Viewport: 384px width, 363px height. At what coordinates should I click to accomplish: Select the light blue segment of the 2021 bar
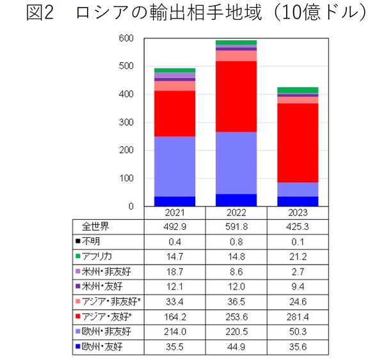click(175, 166)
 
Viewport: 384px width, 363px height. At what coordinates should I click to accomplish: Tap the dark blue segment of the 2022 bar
click(236, 199)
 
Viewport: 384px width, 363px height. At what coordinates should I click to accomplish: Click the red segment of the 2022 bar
click(236, 96)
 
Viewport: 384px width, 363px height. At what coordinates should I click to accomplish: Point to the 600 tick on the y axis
click(126, 38)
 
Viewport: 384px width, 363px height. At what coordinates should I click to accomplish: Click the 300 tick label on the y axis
click(126, 122)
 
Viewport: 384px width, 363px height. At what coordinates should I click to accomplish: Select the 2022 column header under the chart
click(236, 213)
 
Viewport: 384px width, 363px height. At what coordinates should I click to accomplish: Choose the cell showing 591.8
click(236, 226)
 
